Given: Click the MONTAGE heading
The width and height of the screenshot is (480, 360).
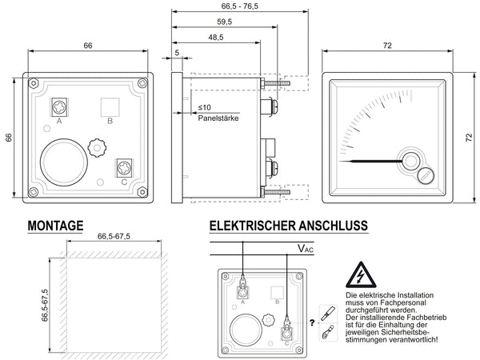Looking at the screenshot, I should coord(55,226).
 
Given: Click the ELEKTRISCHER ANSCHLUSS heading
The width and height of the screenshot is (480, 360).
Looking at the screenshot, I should coord(289,226).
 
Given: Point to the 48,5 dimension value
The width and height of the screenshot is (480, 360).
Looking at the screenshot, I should coord(216,38).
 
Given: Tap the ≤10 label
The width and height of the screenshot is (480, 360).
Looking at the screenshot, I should coord(204,107).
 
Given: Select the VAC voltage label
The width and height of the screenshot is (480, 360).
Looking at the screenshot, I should coord(306,250).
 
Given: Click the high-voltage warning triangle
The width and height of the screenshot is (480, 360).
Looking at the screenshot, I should coord(362,277).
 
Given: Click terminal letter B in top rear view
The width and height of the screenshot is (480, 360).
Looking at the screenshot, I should coord(110,121).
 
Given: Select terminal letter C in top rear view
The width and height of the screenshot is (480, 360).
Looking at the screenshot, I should coord(124,182).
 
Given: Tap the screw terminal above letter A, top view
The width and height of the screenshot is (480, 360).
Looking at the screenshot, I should coord(59,106).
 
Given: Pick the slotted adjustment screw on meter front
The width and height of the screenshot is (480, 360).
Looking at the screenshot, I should coord(426,174).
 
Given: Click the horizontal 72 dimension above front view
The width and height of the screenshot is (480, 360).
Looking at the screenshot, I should coord(387,46).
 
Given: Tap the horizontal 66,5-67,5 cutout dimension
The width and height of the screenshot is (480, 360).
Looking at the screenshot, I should coord(114,237).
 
